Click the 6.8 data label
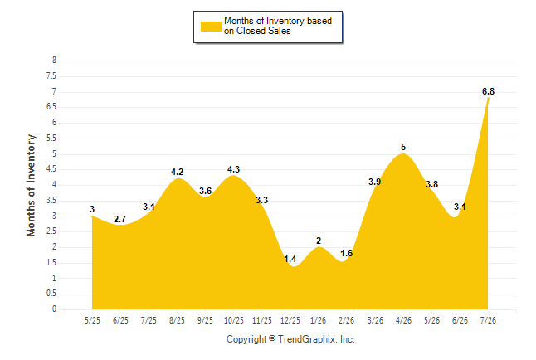pyautogui.click(x=488, y=91)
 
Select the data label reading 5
pyautogui.click(x=403, y=147)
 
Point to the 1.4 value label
pyautogui.click(x=290, y=259)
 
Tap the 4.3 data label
pyautogui.click(x=233, y=169)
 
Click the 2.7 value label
pyautogui.click(x=120, y=219)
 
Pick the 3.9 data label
pyautogui.click(x=375, y=182)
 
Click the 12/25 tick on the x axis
pyautogui.click(x=290, y=320)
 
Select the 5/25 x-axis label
pyautogui.click(x=92, y=320)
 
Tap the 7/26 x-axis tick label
pyautogui.click(x=488, y=320)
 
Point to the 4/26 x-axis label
pyautogui.click(x=403, y=320)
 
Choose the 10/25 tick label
pyautogui.click(x=234, y=320)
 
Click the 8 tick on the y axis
pyautogui.click(x=54, y=61)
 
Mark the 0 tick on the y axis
pyautogui.click(x=54, y=309)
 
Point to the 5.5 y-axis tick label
pyautogui.click(x=51, y=139)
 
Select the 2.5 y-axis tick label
pyautogui.click(x=51, y=231)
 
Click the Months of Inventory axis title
pyautogui.click(x=31, y=185)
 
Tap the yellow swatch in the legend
pyautogui.click(x=211, y=27)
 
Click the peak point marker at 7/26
pyautogui.click(x=488, y=99)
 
